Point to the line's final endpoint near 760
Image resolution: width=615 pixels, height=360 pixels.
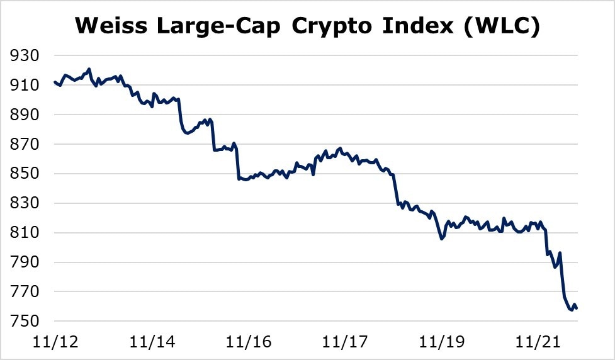[x=577, y=308]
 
